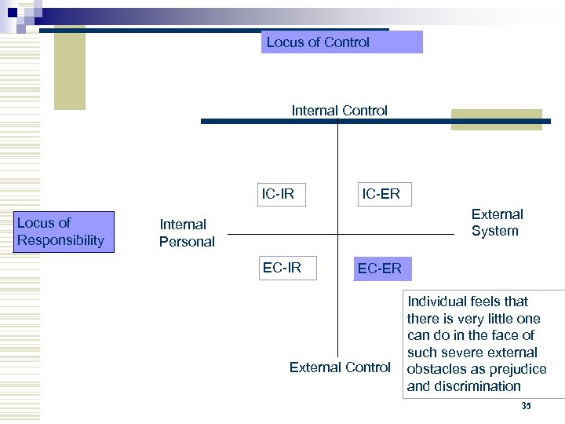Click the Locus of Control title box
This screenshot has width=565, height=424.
pos(341,42)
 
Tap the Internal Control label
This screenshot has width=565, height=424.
pos(339,111)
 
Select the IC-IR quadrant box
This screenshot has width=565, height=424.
pos(278,193)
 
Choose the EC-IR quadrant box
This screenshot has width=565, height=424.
pos(282,268)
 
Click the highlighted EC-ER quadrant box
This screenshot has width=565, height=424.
pos(379,269)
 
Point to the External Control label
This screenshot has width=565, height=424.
pos(340,367)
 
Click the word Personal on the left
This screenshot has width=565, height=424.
pos(187,242)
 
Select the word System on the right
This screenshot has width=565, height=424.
pos(495,231)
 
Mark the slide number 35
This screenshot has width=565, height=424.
pos(526,406)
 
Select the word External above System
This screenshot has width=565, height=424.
pos(497,214)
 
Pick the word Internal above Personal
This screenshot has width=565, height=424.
pos(183,225)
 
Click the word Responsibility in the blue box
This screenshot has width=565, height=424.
pos(60,240)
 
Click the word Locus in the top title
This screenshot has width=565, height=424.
pos(284,42)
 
